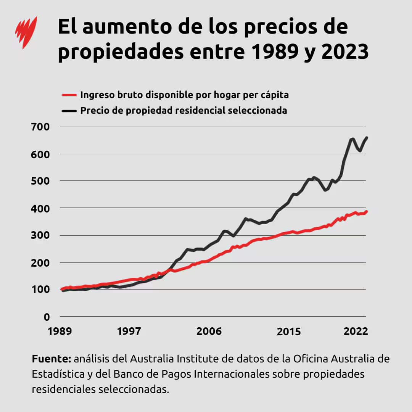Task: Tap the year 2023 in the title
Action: [x=345, y=51]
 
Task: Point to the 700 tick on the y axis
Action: [x=41, y=127]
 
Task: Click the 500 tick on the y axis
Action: [x=41, y=181]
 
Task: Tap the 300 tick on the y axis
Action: [x=41, y=235]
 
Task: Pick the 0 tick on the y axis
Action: [x=47, y=317]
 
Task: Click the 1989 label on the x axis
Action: [x=60, y=331]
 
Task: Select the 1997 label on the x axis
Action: [x=129, y=331]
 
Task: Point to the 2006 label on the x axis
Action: [x=209, y=331]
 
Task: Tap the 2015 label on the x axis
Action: [x=288, y=331]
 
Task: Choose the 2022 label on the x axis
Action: [x=355, y=331]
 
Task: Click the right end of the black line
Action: [x=367, y=138]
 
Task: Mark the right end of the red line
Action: [x=366, y=211]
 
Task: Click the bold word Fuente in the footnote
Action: [x=51, y=359]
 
